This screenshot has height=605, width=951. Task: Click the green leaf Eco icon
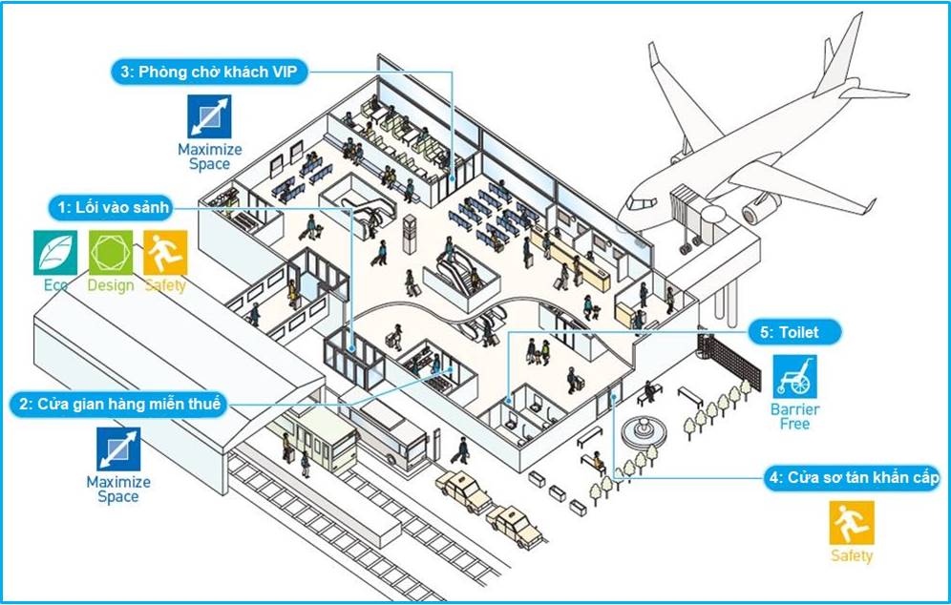[x=55, y=252]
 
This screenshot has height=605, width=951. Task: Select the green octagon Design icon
[x=110, y=252]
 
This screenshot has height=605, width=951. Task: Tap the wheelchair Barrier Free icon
[x=795, y=377]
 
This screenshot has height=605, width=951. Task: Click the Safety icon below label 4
[x=852, y=524]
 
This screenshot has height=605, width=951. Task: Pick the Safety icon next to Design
[x=165, y=252]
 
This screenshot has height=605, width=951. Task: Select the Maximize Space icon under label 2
[x=118, y=449]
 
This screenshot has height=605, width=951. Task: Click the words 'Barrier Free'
[x=795, y=417]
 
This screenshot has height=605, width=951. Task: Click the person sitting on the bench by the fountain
[x=597, y=461]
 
